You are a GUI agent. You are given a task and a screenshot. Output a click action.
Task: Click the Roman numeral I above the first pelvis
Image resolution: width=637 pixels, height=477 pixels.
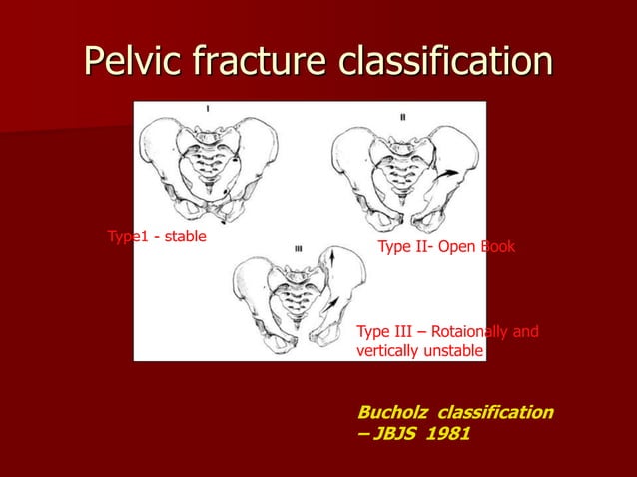(x=208, y=108)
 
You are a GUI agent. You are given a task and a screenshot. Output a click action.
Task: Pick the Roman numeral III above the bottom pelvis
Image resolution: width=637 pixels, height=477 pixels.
(x=298, y=248)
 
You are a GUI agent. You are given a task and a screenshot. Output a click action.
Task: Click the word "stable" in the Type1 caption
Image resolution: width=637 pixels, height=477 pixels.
(x=180, y=237)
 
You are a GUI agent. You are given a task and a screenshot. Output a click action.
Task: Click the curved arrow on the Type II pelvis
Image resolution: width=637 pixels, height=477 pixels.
(x=450, y=175)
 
